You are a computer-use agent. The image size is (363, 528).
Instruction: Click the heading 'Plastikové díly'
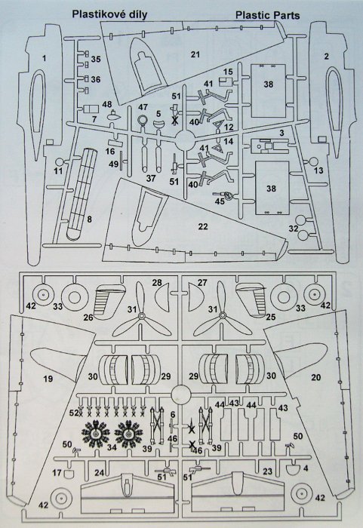click(110, 14)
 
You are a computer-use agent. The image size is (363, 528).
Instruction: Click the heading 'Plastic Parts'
click(267, 15)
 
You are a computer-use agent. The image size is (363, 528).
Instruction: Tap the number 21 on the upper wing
click(195, 54)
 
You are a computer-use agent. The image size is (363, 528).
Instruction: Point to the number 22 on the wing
click(203, 226)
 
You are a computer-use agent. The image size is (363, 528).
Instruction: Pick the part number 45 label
click(220, 201)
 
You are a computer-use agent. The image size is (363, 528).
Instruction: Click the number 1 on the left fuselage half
click(45, 58)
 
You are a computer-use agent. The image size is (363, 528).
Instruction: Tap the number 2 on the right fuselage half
click(326, 57)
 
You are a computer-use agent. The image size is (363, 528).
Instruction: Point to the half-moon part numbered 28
click(162, 296)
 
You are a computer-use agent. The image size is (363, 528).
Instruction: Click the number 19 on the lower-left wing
click(48, 379)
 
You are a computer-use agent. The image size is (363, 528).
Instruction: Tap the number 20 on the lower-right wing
click(315, 377)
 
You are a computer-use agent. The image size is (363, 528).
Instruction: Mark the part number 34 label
click(112, 447)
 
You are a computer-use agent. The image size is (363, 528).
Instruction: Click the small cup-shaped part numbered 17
click(69, 473)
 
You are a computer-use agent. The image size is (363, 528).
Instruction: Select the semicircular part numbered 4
click(293, 469)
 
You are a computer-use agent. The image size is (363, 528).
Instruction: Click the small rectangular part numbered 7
click(91, 109)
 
